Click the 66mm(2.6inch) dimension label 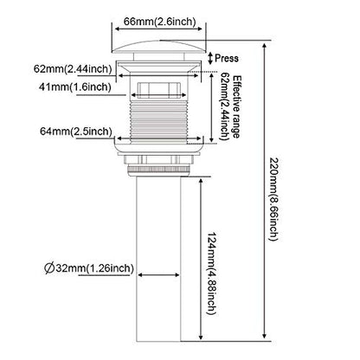(159, 22)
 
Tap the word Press (227, 58)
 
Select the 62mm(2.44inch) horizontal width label (73, 69)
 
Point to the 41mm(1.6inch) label (75, 87)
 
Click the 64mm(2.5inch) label (76, 132)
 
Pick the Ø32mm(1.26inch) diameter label (89, 268)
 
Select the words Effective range (236, 106)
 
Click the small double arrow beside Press (211, 58)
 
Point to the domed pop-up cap (159, 48)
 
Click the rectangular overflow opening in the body (159, 91)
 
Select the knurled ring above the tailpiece (159, 170)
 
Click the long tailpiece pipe (159, 259)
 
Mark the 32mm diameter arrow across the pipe (158, 275)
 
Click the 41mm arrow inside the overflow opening (159, 95)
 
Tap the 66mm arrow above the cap (159, 29)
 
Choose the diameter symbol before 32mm (49, 268)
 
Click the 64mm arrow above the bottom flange (159, 138)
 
